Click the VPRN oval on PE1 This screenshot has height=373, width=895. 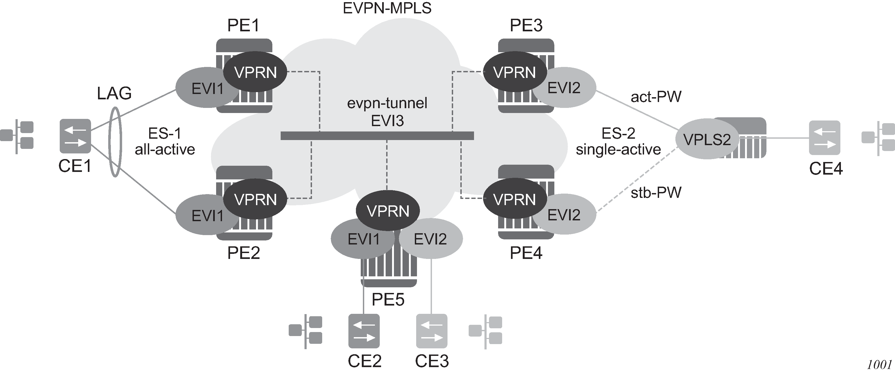pos(255,72)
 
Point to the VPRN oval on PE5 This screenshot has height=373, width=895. pos(388,210)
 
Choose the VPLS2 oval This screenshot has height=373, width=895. pos(707,139)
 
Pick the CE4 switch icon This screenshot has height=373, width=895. pos(825,138)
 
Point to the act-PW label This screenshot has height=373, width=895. pos(656,97)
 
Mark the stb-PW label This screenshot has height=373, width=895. pos(656,193)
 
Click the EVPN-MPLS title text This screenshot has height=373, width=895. pos(387,8)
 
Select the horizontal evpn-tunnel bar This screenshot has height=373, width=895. pos(377,136)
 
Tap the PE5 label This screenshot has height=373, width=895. pos(388,299)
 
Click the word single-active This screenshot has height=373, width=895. pos(618,150)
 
